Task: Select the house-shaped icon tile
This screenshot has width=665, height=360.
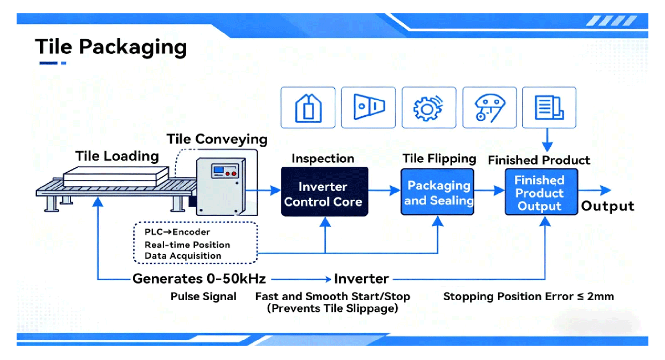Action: (x=308, y=108)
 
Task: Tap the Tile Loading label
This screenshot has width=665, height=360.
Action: (x=117, y=156)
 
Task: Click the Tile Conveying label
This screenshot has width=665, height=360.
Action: (x=217, y=139)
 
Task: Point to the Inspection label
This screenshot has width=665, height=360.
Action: (x=323, y=158)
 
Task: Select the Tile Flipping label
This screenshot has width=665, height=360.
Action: (x=439, y=158)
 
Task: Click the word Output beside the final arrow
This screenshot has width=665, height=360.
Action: (x=607, y=206)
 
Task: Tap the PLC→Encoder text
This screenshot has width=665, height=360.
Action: (x=177, y=232)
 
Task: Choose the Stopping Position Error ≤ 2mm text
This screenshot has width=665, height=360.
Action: (x=528, y=296)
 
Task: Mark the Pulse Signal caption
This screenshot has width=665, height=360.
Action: (x=203, y=296)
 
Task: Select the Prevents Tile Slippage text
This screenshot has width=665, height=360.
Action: (x=332, y=308)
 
